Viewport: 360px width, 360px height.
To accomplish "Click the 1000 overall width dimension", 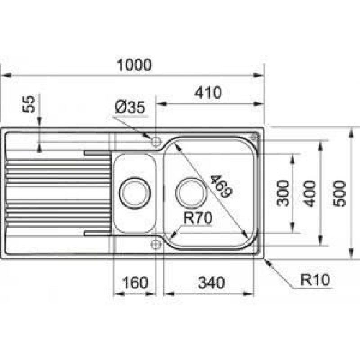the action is click(x=134, y=65).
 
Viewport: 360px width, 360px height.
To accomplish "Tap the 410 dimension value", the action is click(x=208, y=93).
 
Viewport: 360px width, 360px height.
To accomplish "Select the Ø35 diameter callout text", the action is click(x=130, y=107).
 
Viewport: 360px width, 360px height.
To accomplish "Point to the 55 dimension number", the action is click(x=29, y=104).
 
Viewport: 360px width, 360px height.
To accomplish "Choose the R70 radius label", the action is click(x=198, y=218).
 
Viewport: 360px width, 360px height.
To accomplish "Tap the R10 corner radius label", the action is click(x=315, y=279).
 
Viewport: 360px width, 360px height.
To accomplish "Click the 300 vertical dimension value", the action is click(x=283, y=193).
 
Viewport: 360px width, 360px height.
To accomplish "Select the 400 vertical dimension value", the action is click(x=310, y=194).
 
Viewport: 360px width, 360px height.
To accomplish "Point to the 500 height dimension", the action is click(x=339, y=194).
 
